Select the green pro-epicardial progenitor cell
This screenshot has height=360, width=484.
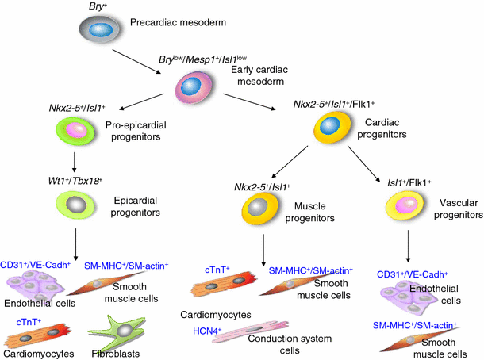pos(75,131)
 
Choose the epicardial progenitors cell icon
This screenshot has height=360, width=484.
pos(75,205)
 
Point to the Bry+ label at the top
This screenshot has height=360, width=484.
pos(99,6)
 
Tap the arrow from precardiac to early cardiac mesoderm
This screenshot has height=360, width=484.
pos(142,59)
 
